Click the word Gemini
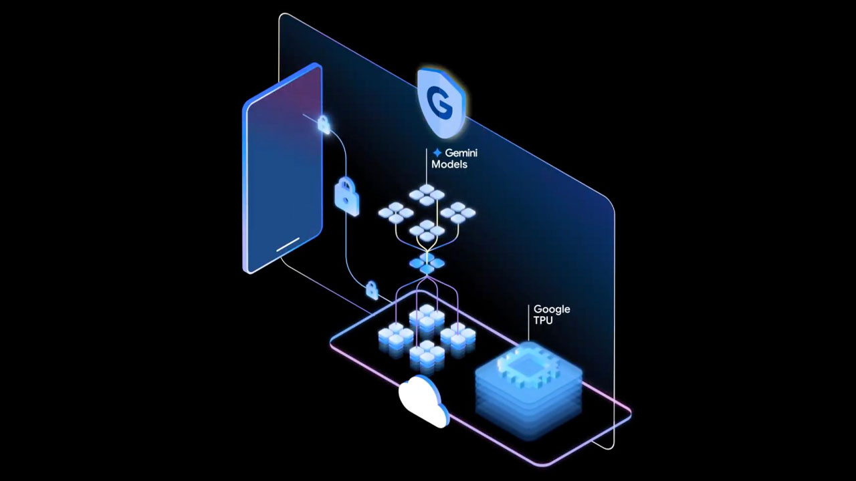[461, 153]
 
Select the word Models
[449, 164]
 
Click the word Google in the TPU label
[552, 309]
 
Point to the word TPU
[543, 321]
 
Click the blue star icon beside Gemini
[437, 153]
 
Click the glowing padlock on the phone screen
[324, 124]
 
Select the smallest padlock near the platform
[372, 290]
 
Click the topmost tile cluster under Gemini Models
[427, 194]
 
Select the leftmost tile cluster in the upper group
[396, 214]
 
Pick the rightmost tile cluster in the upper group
[458, 213]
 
